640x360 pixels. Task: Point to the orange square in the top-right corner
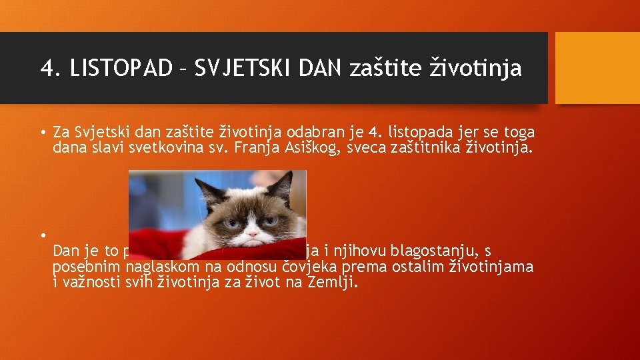[x=597, y=68]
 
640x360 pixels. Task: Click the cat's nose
[x=251, y=227]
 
